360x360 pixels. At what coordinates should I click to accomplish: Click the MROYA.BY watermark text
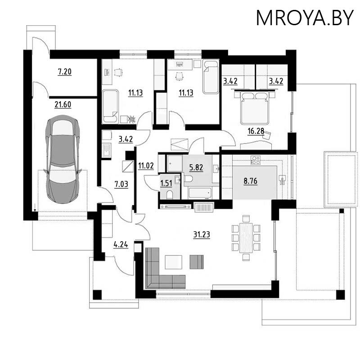point(305,18)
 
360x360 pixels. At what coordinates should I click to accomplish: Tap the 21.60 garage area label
point(63,104)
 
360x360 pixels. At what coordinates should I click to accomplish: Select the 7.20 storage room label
point(64,72)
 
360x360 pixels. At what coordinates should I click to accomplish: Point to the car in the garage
point(63,160)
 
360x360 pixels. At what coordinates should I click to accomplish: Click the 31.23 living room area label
point(202,234)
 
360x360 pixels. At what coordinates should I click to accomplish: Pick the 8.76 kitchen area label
point(251,181)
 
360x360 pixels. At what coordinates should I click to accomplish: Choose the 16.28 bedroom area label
point(256,131)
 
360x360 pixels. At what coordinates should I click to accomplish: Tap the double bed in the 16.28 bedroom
point(254,108)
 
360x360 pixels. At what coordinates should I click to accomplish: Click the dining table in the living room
point(246,238)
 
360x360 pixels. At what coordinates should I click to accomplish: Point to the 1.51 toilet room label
point(166,183)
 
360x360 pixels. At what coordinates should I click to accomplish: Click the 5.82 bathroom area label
point(196,167)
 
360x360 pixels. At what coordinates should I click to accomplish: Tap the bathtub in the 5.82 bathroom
point(200,193)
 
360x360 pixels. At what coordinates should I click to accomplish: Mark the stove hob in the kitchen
point(256,160)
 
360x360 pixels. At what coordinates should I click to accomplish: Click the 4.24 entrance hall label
point(121,245)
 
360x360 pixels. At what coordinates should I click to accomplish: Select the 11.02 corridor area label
point(146,166)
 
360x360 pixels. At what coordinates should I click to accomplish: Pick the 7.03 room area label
point(121,184)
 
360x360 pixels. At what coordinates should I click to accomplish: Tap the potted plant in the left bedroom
point(131,119)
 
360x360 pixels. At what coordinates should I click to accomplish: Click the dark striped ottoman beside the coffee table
point(197,262)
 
